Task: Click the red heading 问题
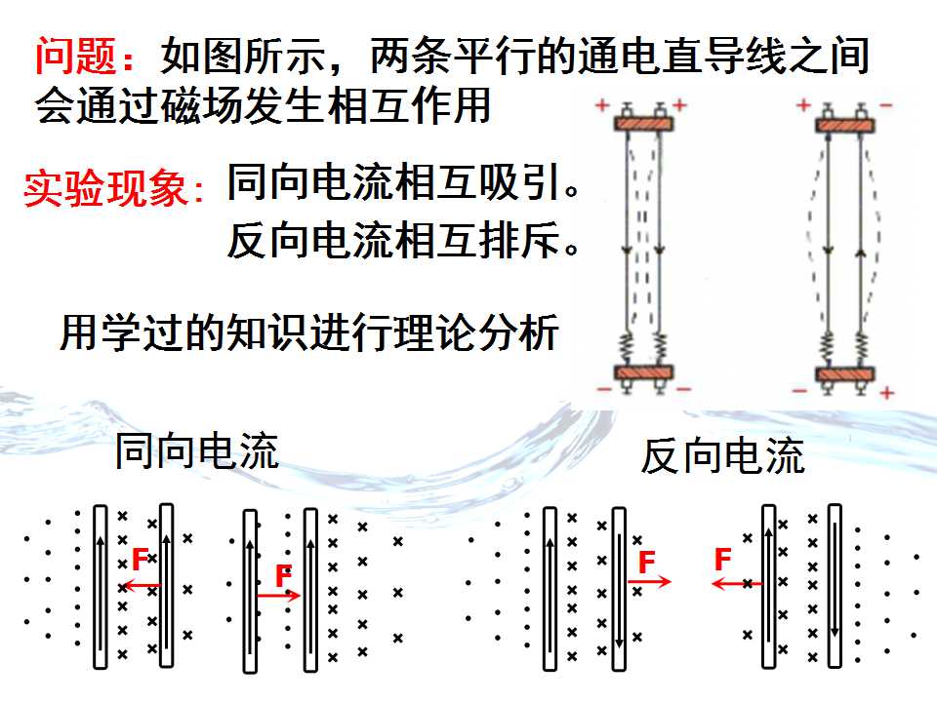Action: pyautogui.click(x=75, y=56)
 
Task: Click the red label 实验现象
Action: pyautogui.click(x=105, y=188)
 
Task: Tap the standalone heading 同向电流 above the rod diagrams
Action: pyautogui.click(x=196, y=451)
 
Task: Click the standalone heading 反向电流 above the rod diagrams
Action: pyautogui.click(x=722, y=455)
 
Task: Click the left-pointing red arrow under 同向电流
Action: pyautogui.click(x=142, y=586)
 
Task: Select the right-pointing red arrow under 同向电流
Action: pyautogui.click(x=278, y=595)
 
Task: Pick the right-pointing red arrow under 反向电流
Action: pyautogui.click(x=649, y=581)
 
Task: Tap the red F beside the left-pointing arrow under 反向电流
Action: pyautogui.click(x=722, y=560)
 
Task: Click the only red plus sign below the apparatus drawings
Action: pyautogui.click(x=887, y=392)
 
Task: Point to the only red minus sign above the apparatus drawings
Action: pyautogui.click(x=885, y=105)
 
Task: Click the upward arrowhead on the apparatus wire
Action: pyautogui.click(x=861, y=253)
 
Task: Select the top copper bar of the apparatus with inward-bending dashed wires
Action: pyautogui.click(x=643, y=124)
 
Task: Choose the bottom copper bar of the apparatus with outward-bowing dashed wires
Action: pyautogui.click(x=845, y=374)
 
